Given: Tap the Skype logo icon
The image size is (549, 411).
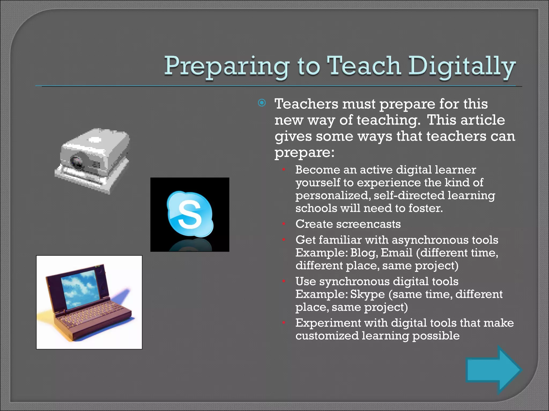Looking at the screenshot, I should [190, 214].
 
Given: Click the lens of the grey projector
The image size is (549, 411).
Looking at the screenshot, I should [77, 162].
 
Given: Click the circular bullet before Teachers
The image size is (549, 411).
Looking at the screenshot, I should [262, 103].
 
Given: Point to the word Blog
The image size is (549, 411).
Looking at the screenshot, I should [364, 253].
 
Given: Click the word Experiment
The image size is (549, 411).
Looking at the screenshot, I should [328, 323].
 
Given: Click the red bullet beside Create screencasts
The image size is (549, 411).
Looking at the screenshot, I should [283, 224].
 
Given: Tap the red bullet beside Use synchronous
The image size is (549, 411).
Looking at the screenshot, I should [283, 281].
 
